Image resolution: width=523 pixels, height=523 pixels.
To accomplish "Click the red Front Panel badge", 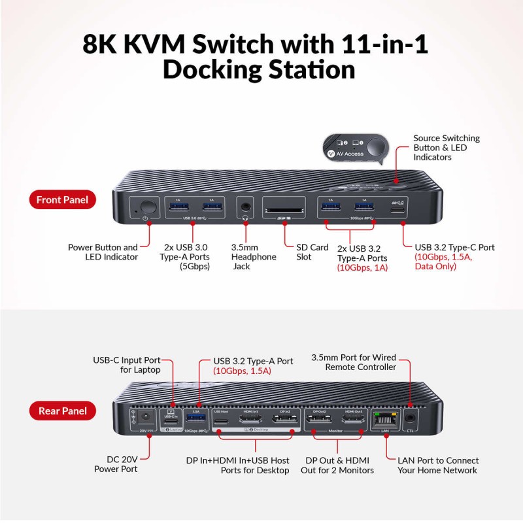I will (62, 200).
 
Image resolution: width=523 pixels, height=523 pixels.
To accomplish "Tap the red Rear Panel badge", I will (62, 411).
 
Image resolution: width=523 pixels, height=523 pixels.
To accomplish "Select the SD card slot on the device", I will (284, 210).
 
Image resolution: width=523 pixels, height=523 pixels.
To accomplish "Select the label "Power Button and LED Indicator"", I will (103, 252).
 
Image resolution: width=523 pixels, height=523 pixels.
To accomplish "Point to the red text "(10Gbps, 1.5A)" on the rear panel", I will (242, 371).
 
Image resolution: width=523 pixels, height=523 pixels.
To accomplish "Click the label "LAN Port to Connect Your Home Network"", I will (438, 465).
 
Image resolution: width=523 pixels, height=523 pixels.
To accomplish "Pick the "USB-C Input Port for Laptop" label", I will (127, 365).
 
